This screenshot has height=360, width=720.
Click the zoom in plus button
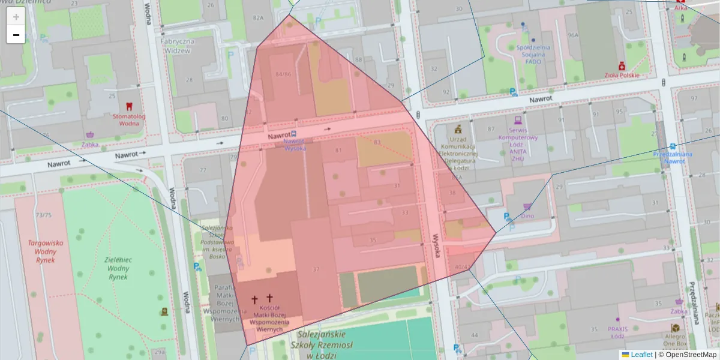[x=16, y=17]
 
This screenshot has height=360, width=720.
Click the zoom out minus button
[x=16, y=35]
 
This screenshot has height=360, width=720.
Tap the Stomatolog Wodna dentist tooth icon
[x=129, y=106]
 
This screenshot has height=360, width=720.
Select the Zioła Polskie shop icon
[x=622, y=65]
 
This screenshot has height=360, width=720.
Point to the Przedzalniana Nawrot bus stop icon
[x=673, y=146]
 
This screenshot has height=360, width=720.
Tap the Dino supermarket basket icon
[x=527, y=206]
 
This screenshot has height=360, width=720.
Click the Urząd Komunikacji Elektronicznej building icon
[x=458, y=129]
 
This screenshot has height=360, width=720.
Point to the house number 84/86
[x=283, y=74]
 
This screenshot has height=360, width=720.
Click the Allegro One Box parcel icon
[x=675, y=328]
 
